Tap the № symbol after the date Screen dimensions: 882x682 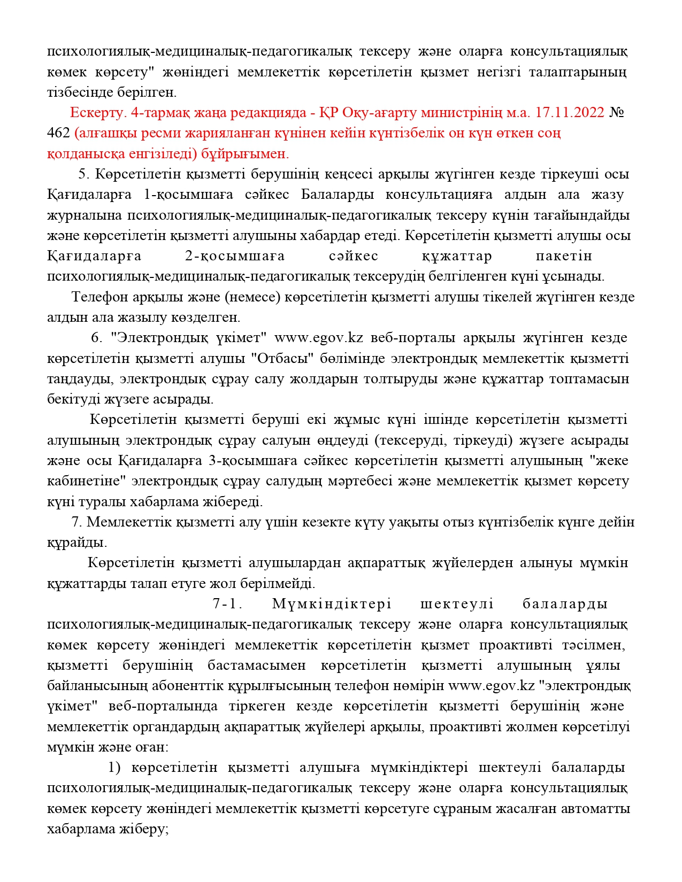coord(617,113)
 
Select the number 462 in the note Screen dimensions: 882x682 coord(58,133)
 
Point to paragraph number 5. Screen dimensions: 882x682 coord(82,174)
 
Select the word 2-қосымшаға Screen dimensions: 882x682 coord(235,256)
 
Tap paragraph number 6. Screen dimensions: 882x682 coord(96,338)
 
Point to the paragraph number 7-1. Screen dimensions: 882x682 coord(227,604)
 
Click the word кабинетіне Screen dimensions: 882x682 coord(86,481)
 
